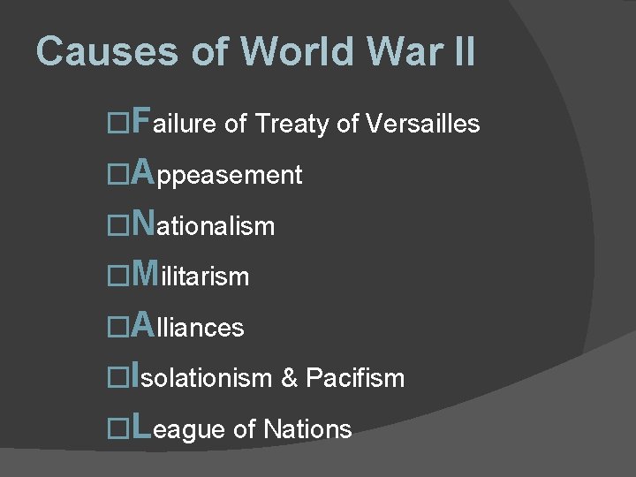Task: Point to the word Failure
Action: click(x=173, y=123)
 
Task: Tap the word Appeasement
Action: click(x=216, y=174)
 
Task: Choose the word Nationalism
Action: click(x=202, y=225)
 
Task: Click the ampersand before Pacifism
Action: click(x=289, y=379)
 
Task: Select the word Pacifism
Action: click(x=355, y=379)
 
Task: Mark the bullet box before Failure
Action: click(x=117, y=124)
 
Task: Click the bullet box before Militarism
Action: click(x=117, y=276)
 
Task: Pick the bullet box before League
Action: click(x=117, y=429)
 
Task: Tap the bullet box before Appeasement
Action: click(x=117, y=175)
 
